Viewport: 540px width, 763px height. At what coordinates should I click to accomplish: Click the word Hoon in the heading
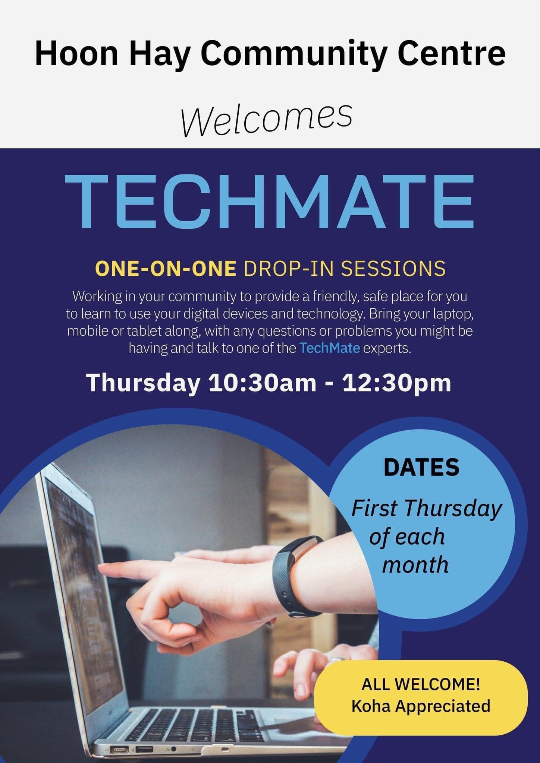[x=77, y=54]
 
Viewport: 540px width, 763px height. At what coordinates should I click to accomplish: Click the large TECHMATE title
[x=269, y=201]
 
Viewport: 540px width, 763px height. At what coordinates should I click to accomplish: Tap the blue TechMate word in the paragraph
[x=330, y=348]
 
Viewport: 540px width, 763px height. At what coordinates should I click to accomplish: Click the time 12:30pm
[x=396, y=383]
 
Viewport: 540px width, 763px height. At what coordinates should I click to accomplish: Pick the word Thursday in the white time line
[x=143, y=383]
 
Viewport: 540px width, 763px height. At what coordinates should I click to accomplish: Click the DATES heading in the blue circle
[x=421, y=467]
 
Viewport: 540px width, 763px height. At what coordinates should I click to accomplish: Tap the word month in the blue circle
[x=415, y=565]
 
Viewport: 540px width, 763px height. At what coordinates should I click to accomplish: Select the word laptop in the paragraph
[x=453, y=314]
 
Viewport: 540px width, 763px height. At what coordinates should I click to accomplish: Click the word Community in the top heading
[x=293, y=54]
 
